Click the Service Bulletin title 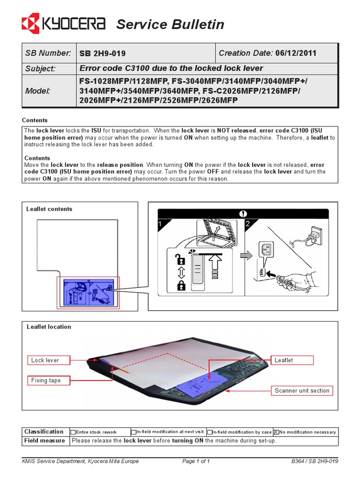coord(170,24)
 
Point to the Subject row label coord(40,68)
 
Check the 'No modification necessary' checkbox coord(276,432)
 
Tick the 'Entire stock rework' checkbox coord(73,432)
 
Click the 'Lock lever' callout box coord(45,360)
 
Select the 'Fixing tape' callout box coord(46,380)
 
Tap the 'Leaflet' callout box coord(284,360)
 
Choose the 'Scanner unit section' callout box coord(302,390)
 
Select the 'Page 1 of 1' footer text coord(196,461)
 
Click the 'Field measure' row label coord(45,441)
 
